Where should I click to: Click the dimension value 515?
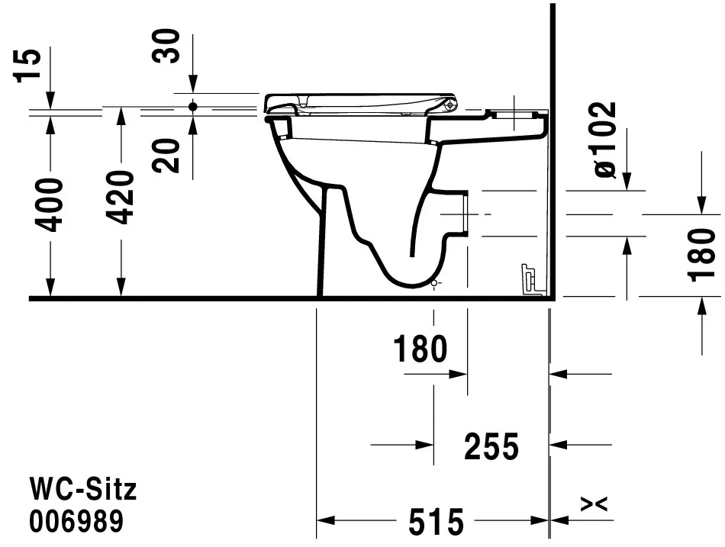(x=436, y=522)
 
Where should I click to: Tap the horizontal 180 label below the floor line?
(x=420, y=349)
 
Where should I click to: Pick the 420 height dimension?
(x=121, y=197)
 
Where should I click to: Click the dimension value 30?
(x=168, y=45)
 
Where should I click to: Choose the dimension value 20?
(x=168, y=156)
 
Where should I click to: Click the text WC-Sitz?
(x=82, y=489)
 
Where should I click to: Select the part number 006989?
(x=76, y=522)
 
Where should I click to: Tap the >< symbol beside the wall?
(x=594, y=504)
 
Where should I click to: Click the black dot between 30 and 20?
(x=192, y=107)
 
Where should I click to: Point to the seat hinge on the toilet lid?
(x=451, y=105)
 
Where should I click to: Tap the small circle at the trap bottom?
(x=433, y=284)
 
